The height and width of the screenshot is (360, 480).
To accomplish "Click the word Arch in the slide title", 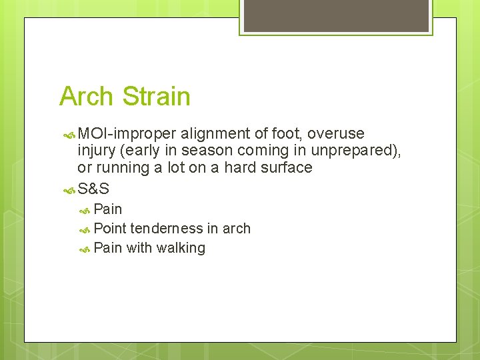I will coord(84,97).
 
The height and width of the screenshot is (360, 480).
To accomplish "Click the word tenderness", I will coord(167,229).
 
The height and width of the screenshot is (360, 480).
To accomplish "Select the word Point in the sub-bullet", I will coord(110,229).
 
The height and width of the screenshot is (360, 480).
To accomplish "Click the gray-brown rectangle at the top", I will coord(336,15).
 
